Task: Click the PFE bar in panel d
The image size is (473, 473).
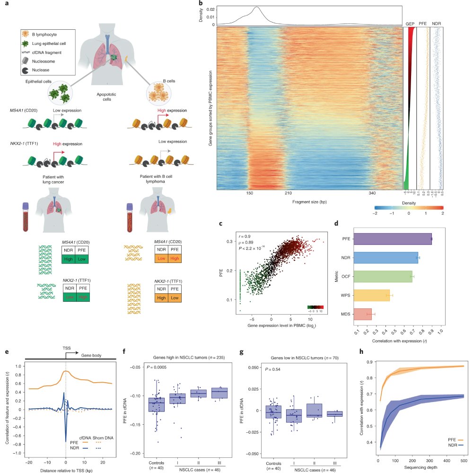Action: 393,239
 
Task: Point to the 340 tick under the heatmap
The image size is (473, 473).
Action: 372,193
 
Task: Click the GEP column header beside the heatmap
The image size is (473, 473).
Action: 410,23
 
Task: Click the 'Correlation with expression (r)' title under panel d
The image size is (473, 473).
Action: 394,340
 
